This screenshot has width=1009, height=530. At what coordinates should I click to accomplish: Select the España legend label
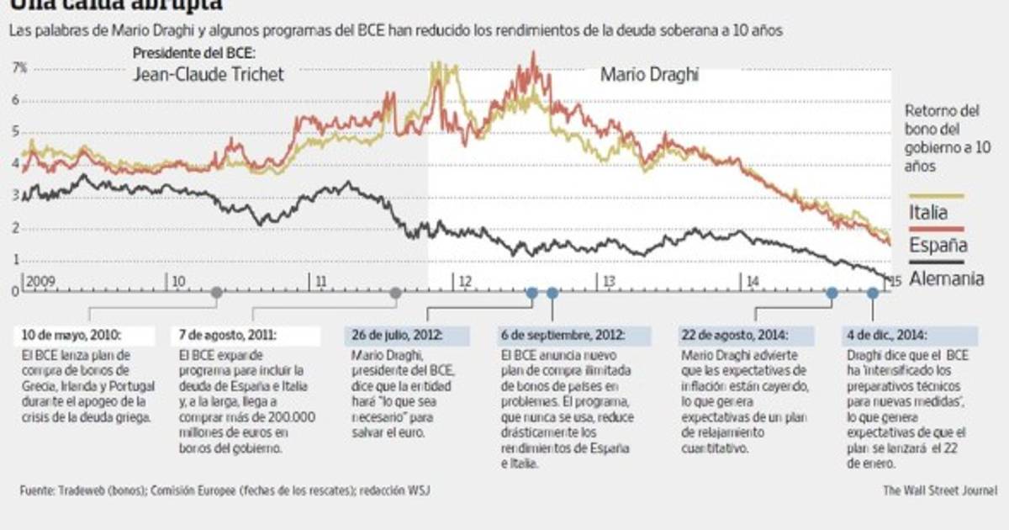(938, 245)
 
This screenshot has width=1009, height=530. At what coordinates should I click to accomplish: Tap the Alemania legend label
(947, 279)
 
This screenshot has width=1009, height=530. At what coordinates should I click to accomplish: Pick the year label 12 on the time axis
(465, 279)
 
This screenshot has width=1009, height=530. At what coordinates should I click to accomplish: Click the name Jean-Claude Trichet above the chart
(209, 75)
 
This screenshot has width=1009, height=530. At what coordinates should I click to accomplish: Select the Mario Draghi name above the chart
(650, 75)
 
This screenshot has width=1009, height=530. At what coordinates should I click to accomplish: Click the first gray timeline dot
(217, 293)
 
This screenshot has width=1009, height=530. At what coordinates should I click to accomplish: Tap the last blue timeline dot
(873, 293)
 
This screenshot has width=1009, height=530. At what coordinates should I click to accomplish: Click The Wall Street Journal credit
(940, 490)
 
